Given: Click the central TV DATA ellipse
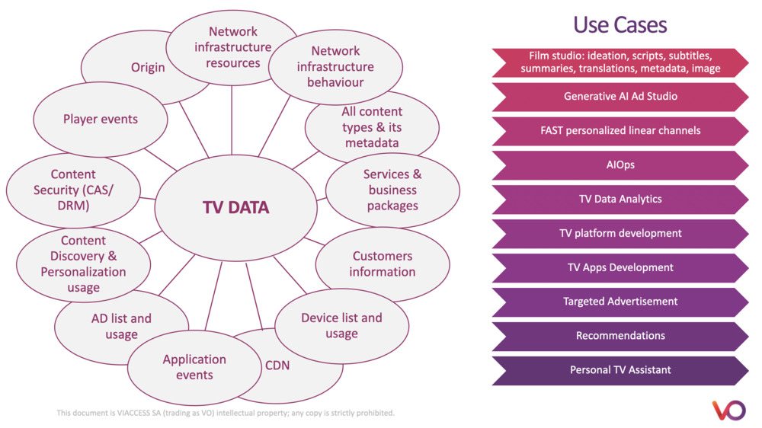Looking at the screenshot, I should [x=235, y=207].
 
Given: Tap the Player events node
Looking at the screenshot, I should [x=101, y=120].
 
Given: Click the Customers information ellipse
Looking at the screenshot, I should [x=383, y=264].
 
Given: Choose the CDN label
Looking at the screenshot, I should [x=277, y=366].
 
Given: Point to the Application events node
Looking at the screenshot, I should [x=194, y=366].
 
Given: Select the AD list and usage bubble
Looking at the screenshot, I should [x=121, y=327].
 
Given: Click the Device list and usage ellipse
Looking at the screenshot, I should [x=341, y=325].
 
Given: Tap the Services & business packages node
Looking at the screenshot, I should [x=392, y=190].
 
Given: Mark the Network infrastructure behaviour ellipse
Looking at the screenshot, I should [x=336, y=66].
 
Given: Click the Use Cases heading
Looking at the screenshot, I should [x=620, y=24].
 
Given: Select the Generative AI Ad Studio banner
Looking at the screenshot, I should [x=620, y=97].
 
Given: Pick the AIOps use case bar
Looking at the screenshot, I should [x=620, y=165].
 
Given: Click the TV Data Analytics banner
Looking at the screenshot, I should [x=620, y=200].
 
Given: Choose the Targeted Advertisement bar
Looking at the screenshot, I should [x=620, y=302].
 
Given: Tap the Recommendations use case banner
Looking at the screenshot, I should [x=620, y=336].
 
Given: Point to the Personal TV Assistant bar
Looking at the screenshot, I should [x=620, y=370].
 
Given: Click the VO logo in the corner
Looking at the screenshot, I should [x=729, y=410].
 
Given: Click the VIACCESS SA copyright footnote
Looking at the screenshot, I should [x=226, y=413].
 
